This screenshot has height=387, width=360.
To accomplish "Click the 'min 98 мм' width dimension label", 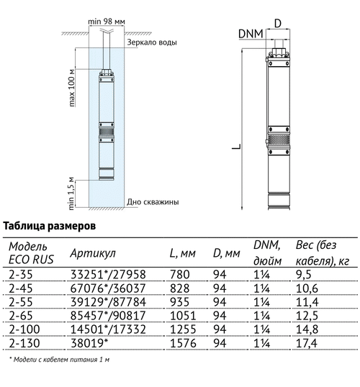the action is pyautogui.click(x=107, y=22).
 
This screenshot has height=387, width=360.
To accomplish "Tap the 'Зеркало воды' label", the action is pyautogui.click(x=152, y=42).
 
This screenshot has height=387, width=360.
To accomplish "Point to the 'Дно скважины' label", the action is pyautogui.click(x=153, y=202).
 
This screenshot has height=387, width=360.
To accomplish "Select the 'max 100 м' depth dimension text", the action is pyautogui.click(x=72, y=88).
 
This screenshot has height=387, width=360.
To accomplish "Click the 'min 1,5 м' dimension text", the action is pyautogui.click(x=71, y=193).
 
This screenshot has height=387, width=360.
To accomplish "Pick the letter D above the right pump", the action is pyautogui.click(x=278, y=24).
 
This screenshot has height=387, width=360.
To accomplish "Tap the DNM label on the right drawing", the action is pyautogui.click(x=251, y=34).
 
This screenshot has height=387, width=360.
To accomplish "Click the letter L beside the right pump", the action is pyautogui.click(x=236, y=146).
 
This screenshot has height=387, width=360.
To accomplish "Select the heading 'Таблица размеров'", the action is pyautogui.click(x=50, y=226).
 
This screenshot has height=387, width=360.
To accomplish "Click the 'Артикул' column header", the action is pyautogui.click(x=93, y=253).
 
